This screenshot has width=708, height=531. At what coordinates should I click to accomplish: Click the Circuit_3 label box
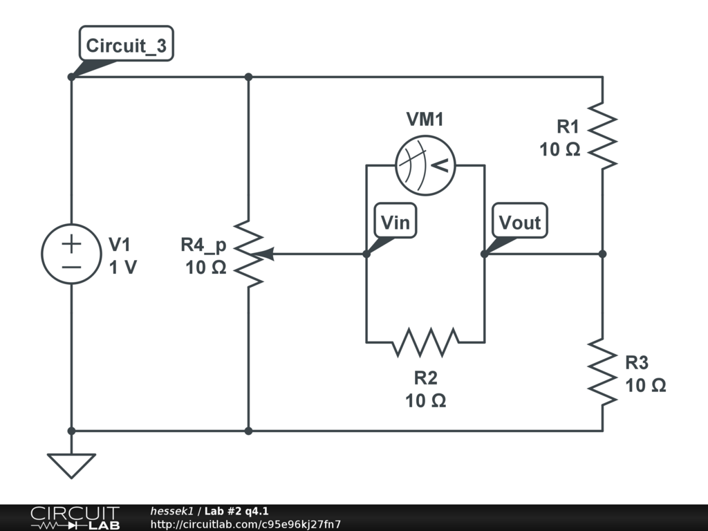pos(126,46)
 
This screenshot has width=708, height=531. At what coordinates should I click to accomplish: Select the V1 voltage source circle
pos(71,254)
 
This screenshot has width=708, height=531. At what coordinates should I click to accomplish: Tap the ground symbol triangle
pos(71,465)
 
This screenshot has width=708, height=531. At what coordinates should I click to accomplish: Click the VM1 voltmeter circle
pos(425,165)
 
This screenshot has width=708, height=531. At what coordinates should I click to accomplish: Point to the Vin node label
pos(395,222)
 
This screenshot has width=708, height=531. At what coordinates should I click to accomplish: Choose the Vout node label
pos(519,222)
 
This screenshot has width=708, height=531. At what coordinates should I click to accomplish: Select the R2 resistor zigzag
pos(425,342)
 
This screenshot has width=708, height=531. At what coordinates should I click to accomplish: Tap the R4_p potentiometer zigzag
pos(248,254)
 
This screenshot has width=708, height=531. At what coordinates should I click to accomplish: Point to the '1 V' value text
pos(123,268)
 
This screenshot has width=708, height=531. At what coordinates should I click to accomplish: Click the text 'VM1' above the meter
pos(425,120)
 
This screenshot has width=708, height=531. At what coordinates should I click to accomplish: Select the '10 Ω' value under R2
pos(425,400)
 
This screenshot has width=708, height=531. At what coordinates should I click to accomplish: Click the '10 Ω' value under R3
pos(646,385)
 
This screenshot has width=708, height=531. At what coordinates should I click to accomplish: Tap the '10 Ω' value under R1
pos(559,149)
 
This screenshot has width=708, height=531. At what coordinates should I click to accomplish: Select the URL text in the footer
pos(245,525)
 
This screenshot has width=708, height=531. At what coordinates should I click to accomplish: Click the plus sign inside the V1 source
pos(71,243)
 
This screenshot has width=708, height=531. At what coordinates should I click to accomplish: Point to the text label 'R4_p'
pos(203,245)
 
